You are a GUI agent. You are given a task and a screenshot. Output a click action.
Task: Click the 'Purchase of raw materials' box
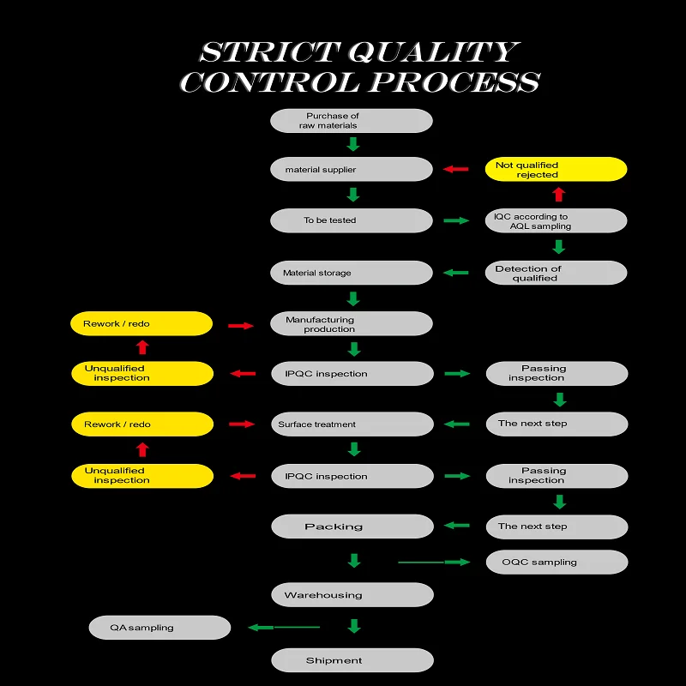tap(351, 121)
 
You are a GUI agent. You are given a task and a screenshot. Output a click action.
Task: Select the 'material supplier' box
tap(351, 169)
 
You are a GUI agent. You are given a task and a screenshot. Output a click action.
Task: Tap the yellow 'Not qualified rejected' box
tap(556, 169)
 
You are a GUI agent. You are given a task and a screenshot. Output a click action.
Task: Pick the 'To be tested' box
tap(351, 220)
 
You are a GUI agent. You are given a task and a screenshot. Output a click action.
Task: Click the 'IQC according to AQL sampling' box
tap(556, 221)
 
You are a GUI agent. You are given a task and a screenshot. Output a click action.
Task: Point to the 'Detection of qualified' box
tap(556, 273)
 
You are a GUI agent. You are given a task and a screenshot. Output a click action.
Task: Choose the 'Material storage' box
tap(351, 273)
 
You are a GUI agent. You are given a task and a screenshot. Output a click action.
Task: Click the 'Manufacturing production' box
tap(351, 323)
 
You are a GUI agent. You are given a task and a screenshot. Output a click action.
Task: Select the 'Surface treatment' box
tap(351, 424)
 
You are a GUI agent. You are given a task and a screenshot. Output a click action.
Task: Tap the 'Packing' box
tap(352, 527)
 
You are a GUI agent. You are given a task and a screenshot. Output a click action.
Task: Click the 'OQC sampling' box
tap(557, 562)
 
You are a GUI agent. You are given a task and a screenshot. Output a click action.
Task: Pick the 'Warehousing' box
tap(352, 594)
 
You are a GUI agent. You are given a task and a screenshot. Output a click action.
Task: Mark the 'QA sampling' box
tap(159, 627)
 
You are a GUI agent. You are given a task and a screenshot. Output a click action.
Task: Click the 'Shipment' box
tap(352, 660)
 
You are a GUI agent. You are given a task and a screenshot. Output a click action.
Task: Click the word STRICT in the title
tap(268, 51)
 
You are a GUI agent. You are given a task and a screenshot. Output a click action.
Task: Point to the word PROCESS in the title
tap(454, 82)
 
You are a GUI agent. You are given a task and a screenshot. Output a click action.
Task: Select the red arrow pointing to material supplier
tap(456, 169)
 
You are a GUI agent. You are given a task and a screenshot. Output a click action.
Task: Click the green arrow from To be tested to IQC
tap(457, 220)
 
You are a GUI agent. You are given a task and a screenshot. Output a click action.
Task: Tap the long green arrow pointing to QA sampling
tap(283, 627)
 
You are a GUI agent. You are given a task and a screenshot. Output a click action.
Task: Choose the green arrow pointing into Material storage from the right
tap(456, 273)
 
